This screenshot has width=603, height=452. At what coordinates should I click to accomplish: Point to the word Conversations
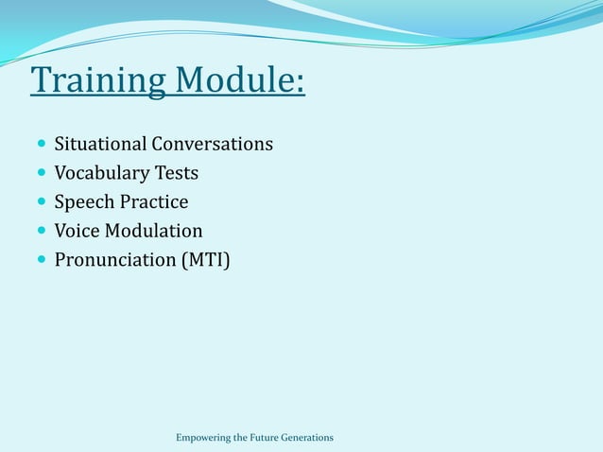(x=214, y=145)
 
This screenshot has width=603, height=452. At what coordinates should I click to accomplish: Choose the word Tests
(x=178, y=173)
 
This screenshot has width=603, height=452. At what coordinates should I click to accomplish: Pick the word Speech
(x=84, y=202)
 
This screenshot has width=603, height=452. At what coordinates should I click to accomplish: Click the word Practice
(x=154, y=202)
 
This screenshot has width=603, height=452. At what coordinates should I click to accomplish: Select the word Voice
(x=77, y=231)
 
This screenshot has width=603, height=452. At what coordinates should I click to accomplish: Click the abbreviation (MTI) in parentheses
(x=205, y=259)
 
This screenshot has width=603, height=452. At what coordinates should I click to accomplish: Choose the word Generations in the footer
(x=308, y=437)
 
